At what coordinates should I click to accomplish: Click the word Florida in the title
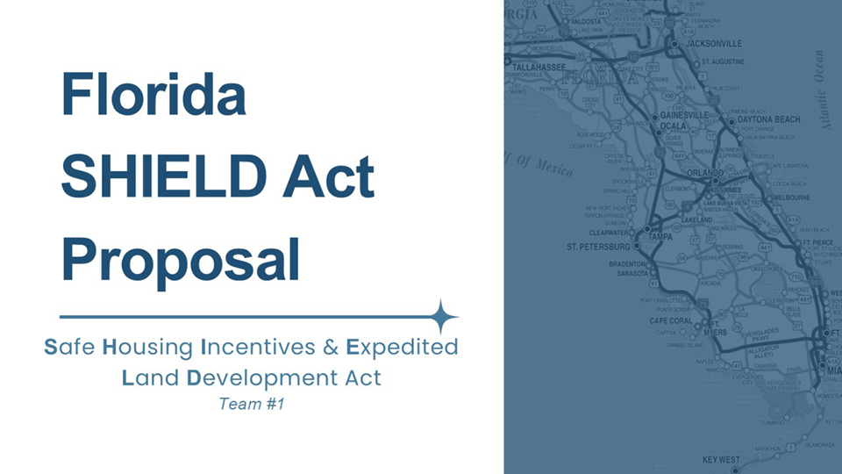[x=153, y=95]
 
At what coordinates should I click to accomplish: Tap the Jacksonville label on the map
[x=715, y=43]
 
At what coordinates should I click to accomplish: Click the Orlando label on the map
[x=703, y=173]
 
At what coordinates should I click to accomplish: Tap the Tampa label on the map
[x=660, y=237]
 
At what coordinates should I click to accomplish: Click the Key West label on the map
[x=722, y=460]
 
